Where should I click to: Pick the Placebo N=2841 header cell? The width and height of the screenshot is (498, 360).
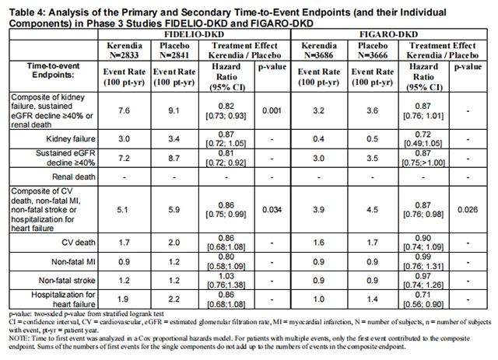click(x=174, y=53)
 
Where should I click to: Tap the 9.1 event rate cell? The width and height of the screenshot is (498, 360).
click(x=174, y=111)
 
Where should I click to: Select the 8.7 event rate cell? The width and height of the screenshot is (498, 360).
click(x=174, y=159)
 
